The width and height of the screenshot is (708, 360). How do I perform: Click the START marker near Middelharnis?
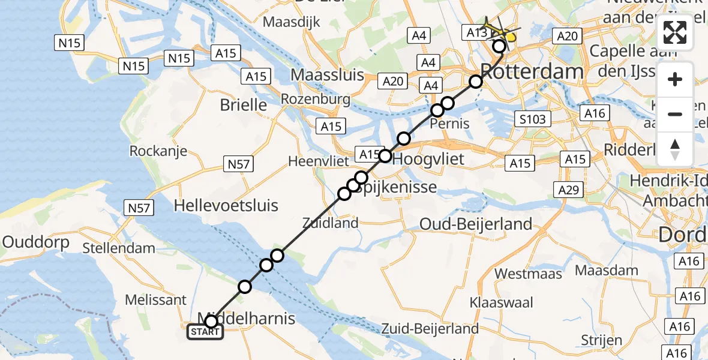(x=205, y=332)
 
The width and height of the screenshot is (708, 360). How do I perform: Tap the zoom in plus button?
(x=675, y=80)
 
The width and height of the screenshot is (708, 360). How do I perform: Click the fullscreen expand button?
(x=675, y=32)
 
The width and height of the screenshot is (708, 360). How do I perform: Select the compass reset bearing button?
(x=675, y=148)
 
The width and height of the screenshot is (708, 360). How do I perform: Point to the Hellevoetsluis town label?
(x=226, y=206)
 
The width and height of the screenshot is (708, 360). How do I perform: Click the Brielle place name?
(x=244, y=105)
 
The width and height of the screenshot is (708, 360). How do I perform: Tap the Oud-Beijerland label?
(x=476, y=224)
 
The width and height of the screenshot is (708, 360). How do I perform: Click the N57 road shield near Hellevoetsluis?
(x=139, y=208)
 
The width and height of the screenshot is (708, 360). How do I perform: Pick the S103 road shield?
(x=532, y=119)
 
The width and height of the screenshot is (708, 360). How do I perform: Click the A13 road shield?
(x=476, y=32)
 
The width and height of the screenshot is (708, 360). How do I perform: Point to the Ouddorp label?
(x=36, y=242)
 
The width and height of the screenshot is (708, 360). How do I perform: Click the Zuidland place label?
(x=331, y=223)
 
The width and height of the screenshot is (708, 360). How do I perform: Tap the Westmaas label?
(x=529, y=274)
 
